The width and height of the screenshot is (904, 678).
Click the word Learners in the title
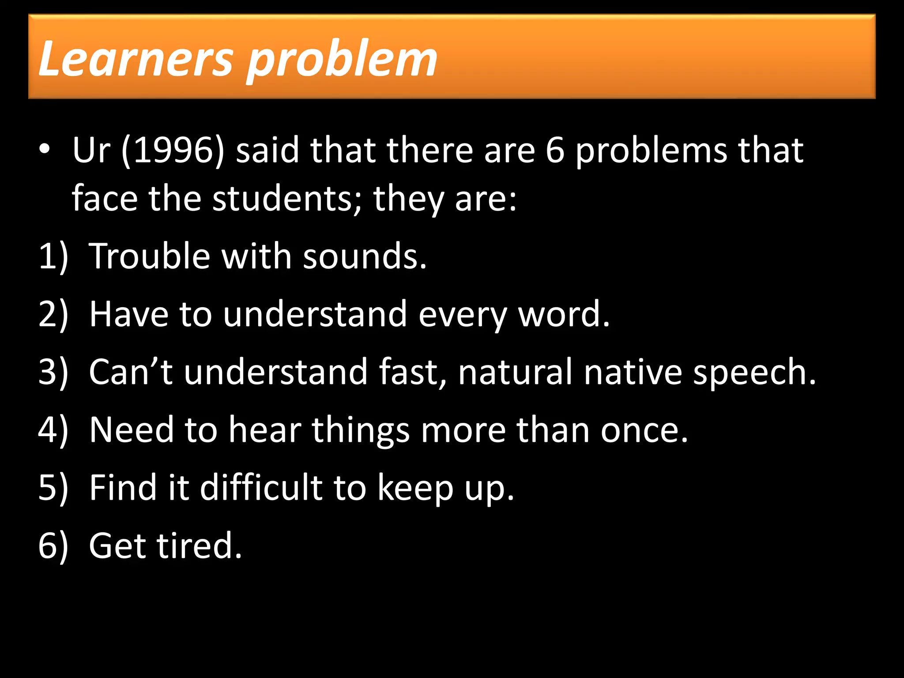point(135,58)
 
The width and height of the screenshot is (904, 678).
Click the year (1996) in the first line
point(173,151)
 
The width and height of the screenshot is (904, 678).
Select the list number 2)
point(53,314)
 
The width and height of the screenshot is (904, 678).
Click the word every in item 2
point(462,314)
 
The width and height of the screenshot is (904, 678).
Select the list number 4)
point(53,430)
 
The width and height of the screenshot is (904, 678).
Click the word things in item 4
point(361,431)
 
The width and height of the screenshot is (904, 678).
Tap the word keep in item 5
point(415,488)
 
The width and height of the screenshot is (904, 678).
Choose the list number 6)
point(53,546)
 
